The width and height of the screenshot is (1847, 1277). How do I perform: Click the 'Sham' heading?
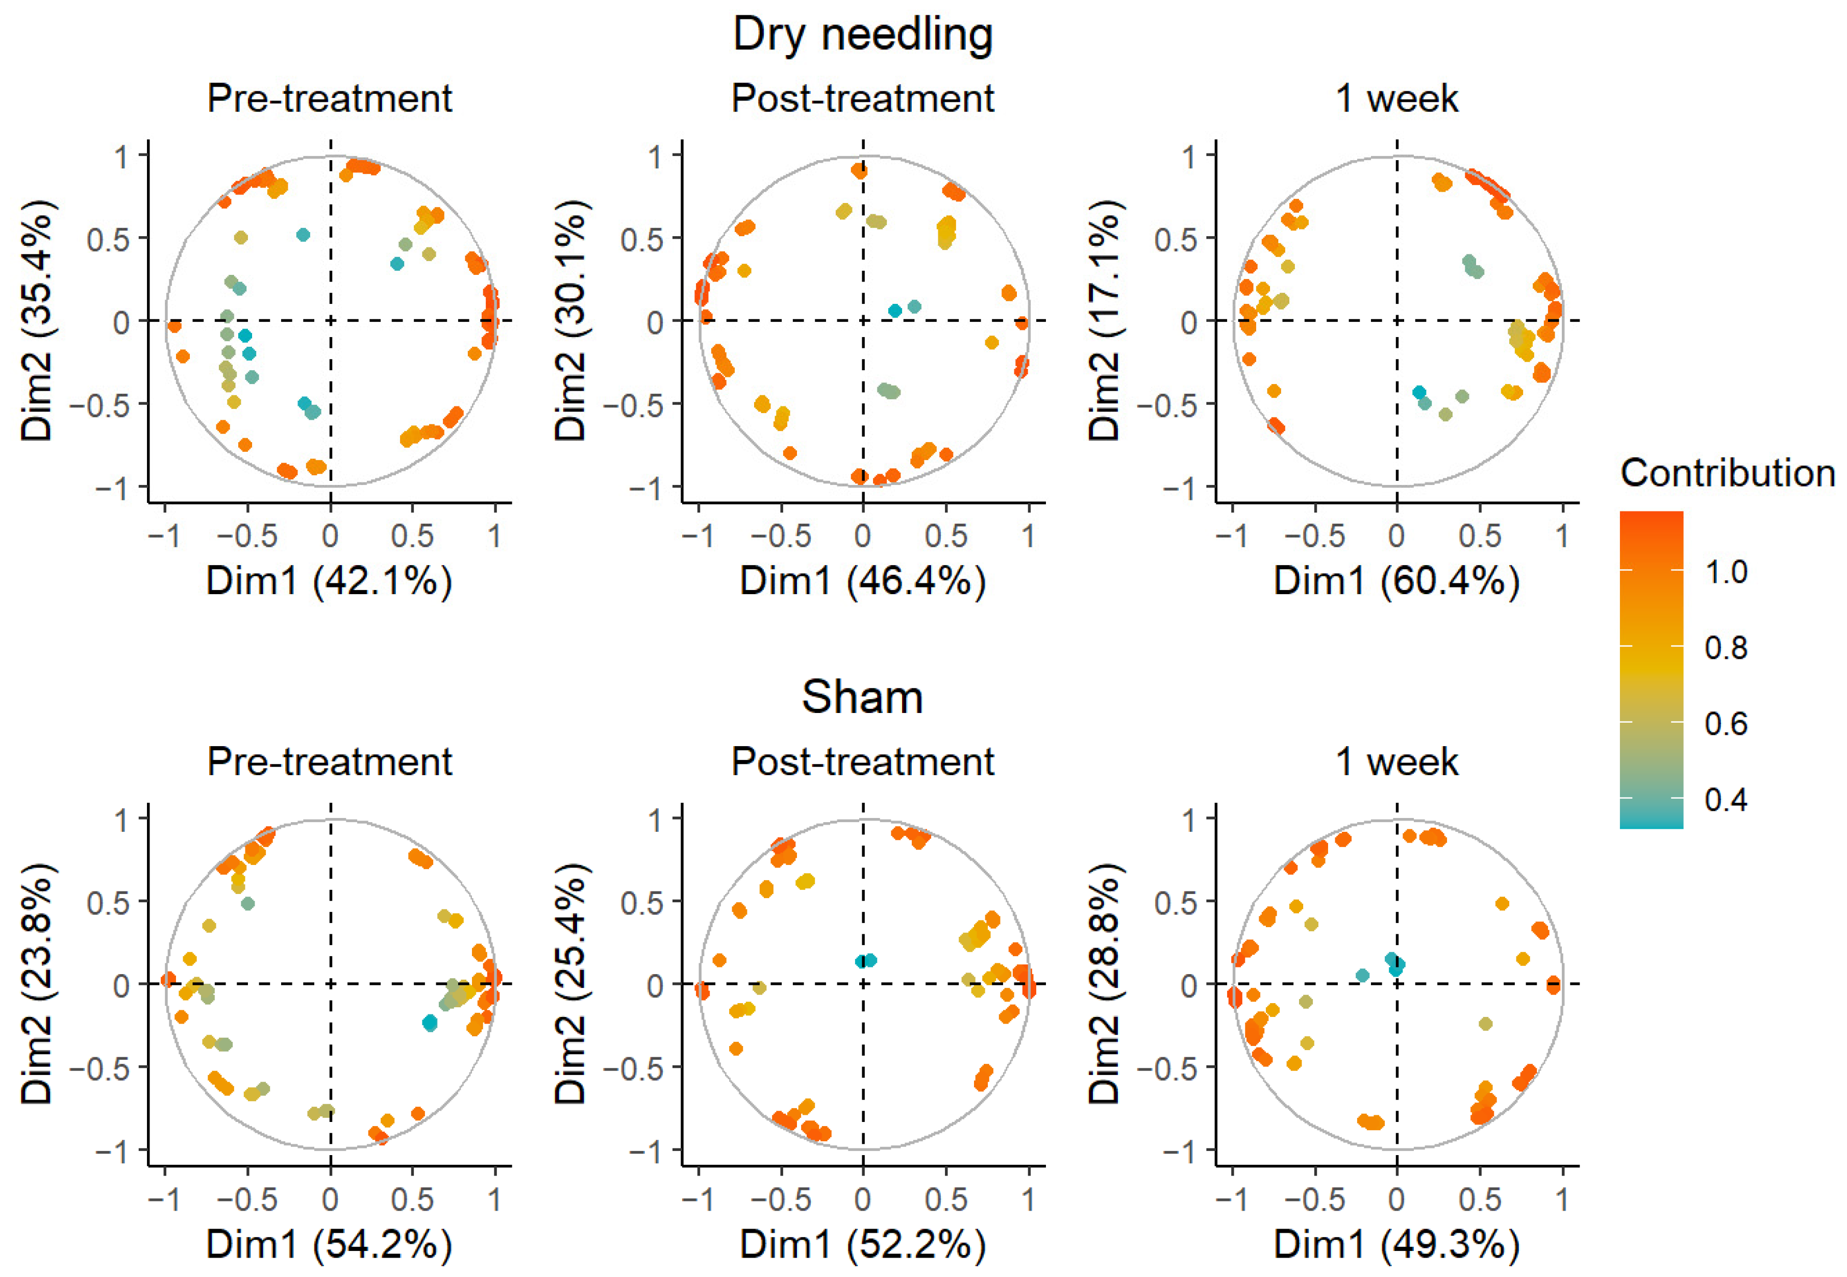pyautogui.click(x=863, y=697)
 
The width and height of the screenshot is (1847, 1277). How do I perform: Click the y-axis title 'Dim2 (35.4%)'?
pyautogui.click(x=38, y=320)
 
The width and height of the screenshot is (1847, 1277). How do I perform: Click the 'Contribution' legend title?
pyautogui.click(x=1727, y=474)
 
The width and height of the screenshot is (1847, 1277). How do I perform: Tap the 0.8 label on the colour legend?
pyautogui.click(x=1726, y=647)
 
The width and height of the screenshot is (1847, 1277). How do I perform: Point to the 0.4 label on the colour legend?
pyautogui.click(x=1726, y=799)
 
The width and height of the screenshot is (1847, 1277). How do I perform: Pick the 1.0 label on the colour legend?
pyautogui.click(x=1726, y=572)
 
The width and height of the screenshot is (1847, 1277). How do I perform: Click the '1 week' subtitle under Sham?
pyautogui.click(x=1396, y=762)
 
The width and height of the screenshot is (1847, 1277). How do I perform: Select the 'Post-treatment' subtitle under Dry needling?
pyautogui.click(x=863, y=99)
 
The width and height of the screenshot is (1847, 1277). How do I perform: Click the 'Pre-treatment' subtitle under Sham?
pyautogui.click(x=329, y=762)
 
